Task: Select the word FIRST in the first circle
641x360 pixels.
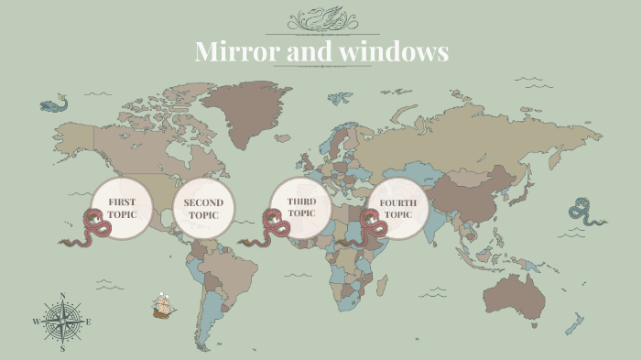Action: [x=122, y=201]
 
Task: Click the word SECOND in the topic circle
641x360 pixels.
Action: [x=203, y=202]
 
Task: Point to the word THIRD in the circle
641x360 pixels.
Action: [x=301, y=201]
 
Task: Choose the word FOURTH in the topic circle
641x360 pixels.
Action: [x=398, y=202]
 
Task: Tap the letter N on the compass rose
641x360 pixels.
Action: [x=62, y=295]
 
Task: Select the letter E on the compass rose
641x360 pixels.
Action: [x=88, y=322]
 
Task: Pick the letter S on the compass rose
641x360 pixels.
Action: [x=62, y=349]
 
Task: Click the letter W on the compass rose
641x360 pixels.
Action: [x=36, y=322]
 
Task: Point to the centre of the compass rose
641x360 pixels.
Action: [x=62, y=322]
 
